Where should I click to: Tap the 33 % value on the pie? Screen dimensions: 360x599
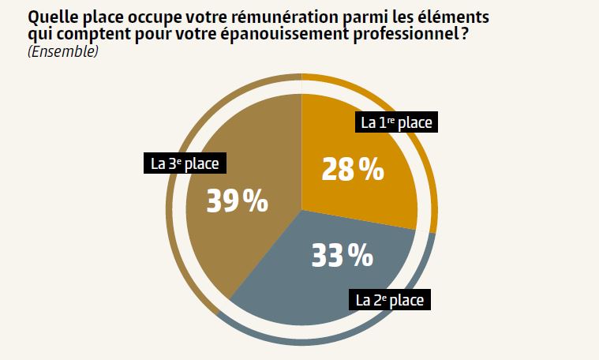(341, 255)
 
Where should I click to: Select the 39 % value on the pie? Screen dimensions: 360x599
(237, 201)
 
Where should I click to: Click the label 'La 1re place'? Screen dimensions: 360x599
(398, 122)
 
